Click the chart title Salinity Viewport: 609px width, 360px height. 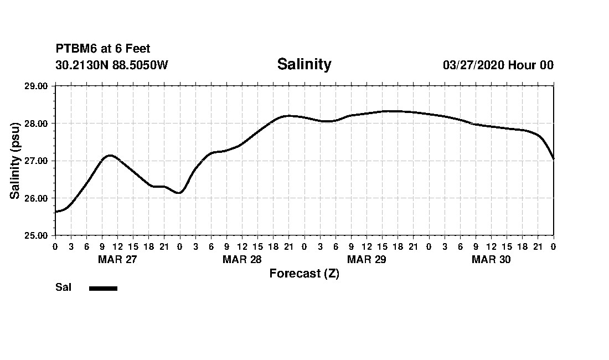click(x=304, y=64)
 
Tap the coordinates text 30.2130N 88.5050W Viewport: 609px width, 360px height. click(x=112, y=65)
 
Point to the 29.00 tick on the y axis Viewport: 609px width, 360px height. click(x=37, y=86)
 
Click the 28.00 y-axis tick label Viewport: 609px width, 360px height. click(x=37, y=123)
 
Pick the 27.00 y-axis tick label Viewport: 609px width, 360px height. click(x=37, y=161)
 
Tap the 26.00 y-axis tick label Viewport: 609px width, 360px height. click(x=37, y=198)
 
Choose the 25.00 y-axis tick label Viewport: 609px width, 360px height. click(x=37, y=235)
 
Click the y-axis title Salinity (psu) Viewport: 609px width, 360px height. click(x=15, y=161)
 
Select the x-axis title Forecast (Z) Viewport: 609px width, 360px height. click(x=304, y=274)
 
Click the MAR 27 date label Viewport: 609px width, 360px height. click(x=117, y=260)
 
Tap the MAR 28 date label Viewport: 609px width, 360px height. click(x=242, y=260)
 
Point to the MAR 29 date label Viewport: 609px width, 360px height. click(x=367, y=260)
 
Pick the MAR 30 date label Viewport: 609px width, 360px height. click(x=491, y=260)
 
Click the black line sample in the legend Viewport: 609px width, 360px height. click(x=103, y=288)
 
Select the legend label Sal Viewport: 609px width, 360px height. click(x=63, y=287)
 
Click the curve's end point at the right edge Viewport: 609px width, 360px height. click(x=553, y=159)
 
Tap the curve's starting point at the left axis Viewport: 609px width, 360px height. click(x=55, y=212)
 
